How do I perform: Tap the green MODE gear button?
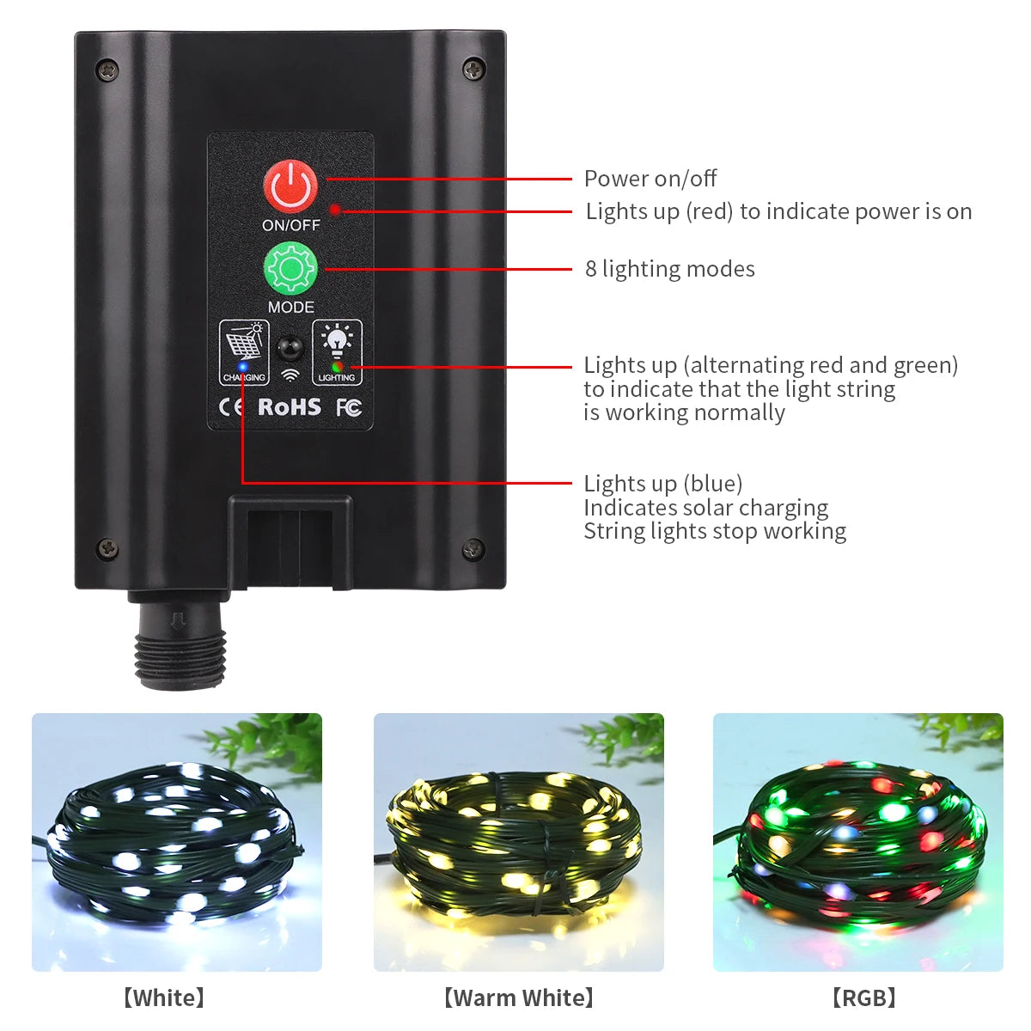coord(290,269)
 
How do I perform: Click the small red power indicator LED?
coord(335,209)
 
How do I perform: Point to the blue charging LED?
coord(243,368)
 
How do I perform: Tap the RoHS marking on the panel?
coord(290,406)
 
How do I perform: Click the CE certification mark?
coord(232,407)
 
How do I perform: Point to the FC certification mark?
coord(348,407)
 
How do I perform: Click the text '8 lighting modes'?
coord(669,269)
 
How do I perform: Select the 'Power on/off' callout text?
coord(650,179)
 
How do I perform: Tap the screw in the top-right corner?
coord(473,69)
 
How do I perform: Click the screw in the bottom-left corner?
coord(107,547)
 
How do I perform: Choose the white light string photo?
coord(177,842)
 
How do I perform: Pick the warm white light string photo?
coord(518,842)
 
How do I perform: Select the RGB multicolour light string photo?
coord(857,842)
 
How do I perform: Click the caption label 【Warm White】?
coord(518,997)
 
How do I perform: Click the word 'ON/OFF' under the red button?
coord(290,225)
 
